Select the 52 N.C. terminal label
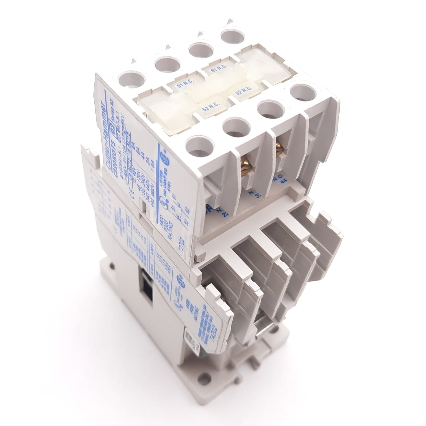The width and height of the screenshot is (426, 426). pyautogui.click(x=208, y=108)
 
